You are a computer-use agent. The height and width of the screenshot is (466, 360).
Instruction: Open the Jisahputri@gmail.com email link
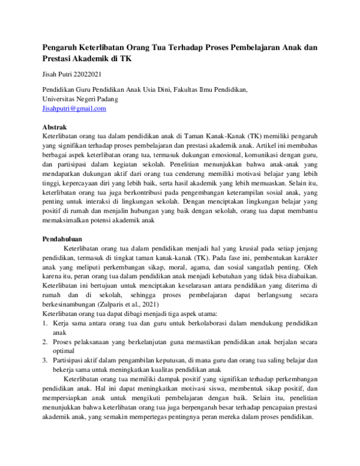(74, 109)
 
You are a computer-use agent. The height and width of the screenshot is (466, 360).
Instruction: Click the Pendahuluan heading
(63, 238)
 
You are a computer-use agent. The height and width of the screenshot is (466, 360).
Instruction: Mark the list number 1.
(45, 323)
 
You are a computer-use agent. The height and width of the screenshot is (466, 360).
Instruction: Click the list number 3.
(45, 360)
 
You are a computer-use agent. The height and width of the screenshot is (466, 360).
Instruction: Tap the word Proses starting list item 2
(64, 342)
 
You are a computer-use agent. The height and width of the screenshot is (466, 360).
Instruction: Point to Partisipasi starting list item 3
(70, 360)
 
